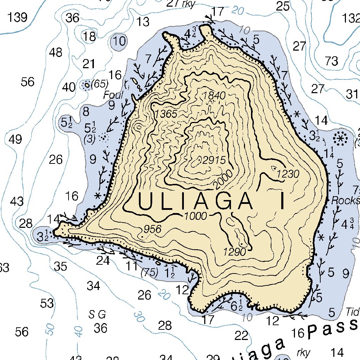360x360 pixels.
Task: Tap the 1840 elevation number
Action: tap(214, 96)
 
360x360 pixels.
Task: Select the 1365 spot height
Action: tap(166, 114)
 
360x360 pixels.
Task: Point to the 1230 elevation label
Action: tap(288, 174)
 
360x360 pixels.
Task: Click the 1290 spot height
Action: tap(234, 251)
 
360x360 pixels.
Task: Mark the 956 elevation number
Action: tap(152, 229)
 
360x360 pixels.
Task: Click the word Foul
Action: tap(113, 95)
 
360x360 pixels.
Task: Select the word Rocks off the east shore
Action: tap(346, 200)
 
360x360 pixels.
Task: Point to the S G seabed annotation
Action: tap(97, 314)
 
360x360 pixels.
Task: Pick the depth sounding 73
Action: tap(331, 61)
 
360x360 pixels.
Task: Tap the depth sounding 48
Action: tap(56, 53)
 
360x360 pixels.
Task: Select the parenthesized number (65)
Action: tap(99, 84)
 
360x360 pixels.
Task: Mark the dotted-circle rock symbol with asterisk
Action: tap(340, 138)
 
